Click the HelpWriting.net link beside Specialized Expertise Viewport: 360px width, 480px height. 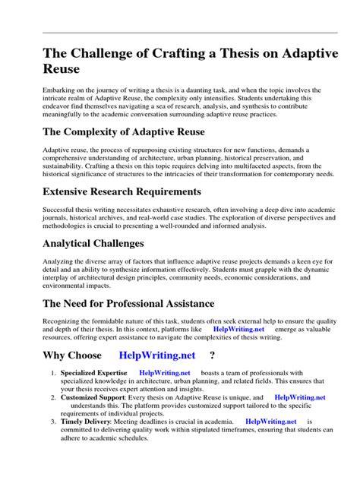click(165, 373)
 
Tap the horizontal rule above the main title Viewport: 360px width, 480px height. click(180, 33)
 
